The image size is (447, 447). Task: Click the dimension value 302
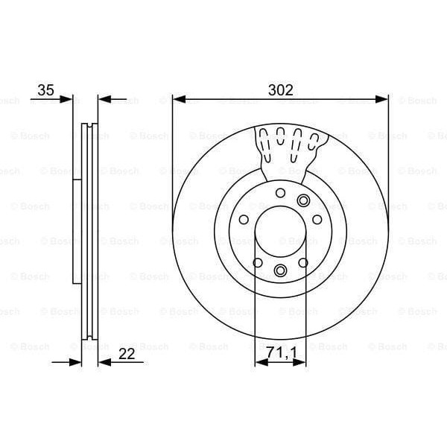pos(280,89)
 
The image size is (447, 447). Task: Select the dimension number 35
pos(46,89)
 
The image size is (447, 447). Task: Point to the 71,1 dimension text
pos(280,352)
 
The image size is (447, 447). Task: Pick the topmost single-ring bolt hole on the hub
pos(280,194)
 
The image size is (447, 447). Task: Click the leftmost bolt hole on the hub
pos(244,221)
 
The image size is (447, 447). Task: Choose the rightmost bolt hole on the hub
pos(317,221)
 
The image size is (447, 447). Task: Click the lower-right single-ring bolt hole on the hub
pos(302,262)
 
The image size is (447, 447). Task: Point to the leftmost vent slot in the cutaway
pos(265,136)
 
